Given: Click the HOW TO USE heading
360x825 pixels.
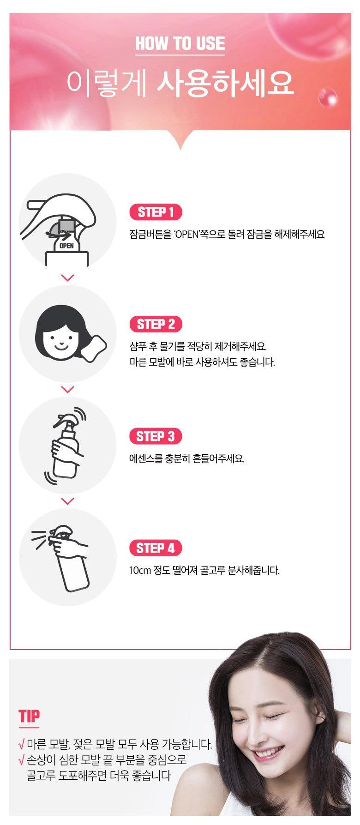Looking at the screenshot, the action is (x=180, y=44).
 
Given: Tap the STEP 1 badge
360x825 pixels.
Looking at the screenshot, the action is (x=156, y=212).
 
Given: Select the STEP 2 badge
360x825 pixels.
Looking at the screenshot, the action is (x=156, y=324).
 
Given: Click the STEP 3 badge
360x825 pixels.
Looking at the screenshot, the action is (x=156, y=436).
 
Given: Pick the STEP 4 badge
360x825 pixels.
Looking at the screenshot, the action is (x=156, y=548).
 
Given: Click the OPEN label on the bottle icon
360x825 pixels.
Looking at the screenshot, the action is (x=67, y=246).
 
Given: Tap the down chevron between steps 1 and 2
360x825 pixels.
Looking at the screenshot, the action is (x=68, y=278).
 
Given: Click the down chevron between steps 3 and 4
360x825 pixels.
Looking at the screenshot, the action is (x=68, y=501).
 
